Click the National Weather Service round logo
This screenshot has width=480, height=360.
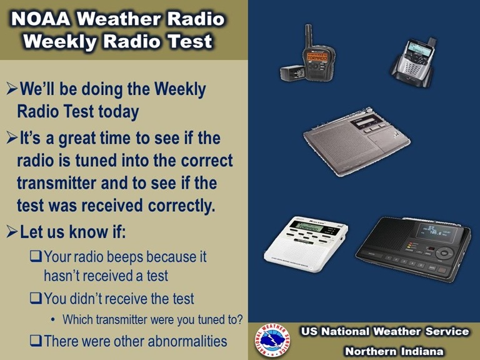(271, 341)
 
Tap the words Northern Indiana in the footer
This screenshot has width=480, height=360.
(394, 351)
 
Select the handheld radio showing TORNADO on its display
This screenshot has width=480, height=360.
(314, 58)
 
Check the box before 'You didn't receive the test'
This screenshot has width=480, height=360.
(36, 299)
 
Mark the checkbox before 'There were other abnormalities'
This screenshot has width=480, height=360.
(36, 341)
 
